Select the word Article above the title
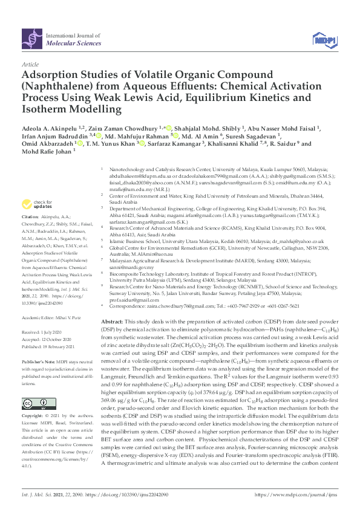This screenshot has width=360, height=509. click(x=30, y=63)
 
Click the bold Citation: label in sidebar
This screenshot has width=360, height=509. click(x=31, y=216)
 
